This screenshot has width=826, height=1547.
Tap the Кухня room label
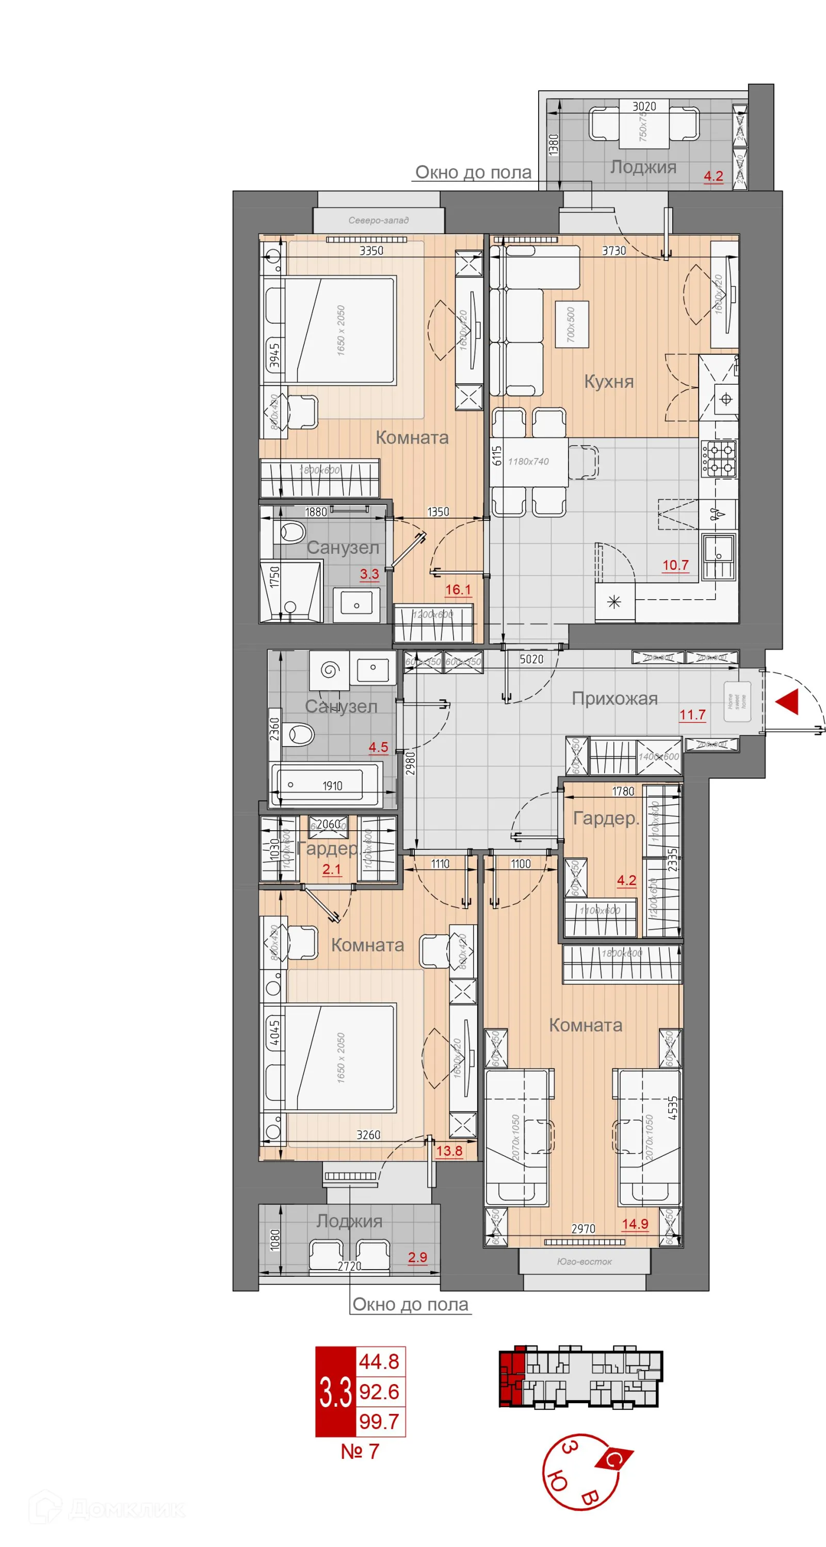coord(609,382)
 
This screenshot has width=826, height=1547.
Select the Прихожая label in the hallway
coord(614,698)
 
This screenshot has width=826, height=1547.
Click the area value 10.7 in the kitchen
coord(675,565)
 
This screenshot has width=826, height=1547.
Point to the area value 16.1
coord(458,590)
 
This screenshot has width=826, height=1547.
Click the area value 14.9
coord(635,1223)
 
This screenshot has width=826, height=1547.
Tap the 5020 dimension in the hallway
coord(531,659)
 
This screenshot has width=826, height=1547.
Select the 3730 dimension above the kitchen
coord(613,251)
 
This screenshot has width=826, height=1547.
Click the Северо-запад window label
coord(379,220)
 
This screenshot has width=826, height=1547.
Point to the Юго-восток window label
coord(584,1261)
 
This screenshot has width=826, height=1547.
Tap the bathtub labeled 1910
coord(327,785)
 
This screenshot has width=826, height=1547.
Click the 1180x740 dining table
coord(529,461)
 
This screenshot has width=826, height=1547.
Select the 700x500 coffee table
coord(571,325)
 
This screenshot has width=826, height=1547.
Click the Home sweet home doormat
coord(737,701)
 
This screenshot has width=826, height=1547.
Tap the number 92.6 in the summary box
coord(379,1391)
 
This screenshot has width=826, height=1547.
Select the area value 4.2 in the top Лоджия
coord(713,176)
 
